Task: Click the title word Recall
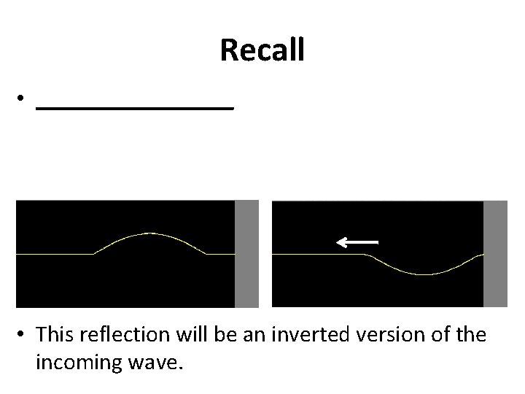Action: coord(262,50)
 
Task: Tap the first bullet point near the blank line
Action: coord(23,98)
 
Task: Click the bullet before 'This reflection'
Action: coord(23,334)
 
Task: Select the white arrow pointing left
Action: coord(357,241)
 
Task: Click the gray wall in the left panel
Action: coord(247,253)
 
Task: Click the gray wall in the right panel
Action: coord(495,253)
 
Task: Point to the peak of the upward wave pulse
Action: coord(149,233)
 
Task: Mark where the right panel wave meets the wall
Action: coord(482,254)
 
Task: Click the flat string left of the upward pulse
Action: coord(55,254)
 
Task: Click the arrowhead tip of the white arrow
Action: coord(337,241)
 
